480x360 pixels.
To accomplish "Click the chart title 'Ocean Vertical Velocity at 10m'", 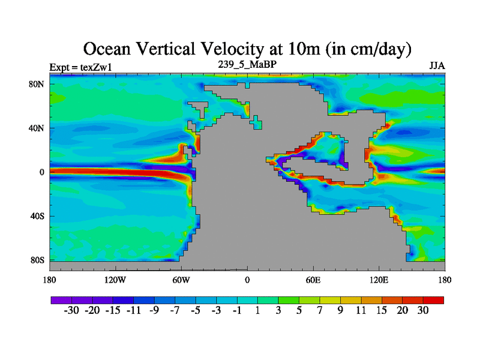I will pyautogui.click(x=247, y=47).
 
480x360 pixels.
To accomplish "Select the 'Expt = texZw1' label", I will pyautogui.click(x=80, y=67).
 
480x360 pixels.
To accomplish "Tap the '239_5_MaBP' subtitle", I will pyautogui.click(x=247, y=64).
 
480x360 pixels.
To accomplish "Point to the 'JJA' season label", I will pyautogui.click(x=437, y=65).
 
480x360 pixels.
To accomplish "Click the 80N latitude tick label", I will pyautogui.click(x=38, y=84).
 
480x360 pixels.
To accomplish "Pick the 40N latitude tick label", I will pyautogui.click(x=38, y=128).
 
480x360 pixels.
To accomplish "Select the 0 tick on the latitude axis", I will pyautogui.click(x=43, y=172).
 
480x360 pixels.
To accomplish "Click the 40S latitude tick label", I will pyautogui.click(x=38, y=216).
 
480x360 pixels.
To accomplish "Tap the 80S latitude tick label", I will pyautogui.click(x=38, y=260).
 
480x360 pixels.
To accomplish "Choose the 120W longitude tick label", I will pyautogui.click(x=115, y=280).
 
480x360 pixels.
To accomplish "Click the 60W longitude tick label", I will pyautogui.click(x=181, y=280).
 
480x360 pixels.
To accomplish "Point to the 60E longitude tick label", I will pyautogui.click(x=313, y=280).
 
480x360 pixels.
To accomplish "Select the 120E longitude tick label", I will pyautogui.click(x=379, y=280).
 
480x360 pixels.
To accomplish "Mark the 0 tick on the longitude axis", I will pyautogui.click(x=247, y=280).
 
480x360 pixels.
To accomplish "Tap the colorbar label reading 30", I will pyautogui.click(x=423, y=311).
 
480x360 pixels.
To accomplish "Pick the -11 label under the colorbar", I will pyautogui.click(x=133, y=311).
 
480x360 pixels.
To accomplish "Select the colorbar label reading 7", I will pyautogui.click(x=319, y=311).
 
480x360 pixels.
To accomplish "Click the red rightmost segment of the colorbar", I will pyautogui.click(x=433, y=299).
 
